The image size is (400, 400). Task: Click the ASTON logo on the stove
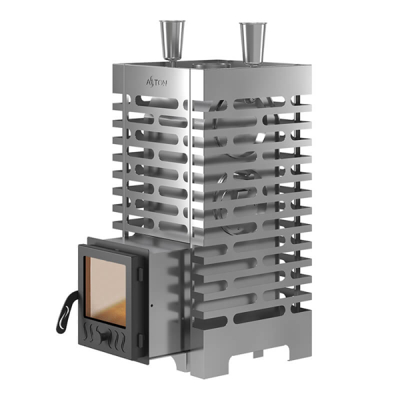click(157, 83)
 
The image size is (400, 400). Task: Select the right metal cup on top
click(253, 42)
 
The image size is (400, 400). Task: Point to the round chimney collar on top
click(212, 65)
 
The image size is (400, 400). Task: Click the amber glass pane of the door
click(105, 291)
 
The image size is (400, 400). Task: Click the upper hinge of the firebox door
click(140, 273)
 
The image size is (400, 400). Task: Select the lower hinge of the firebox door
click(140, 341)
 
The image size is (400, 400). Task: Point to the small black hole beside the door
click(152, 305)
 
